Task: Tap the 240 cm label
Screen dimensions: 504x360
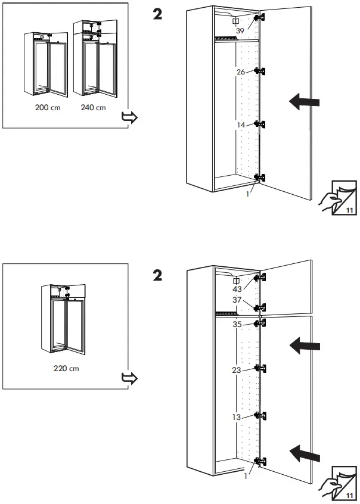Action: (x=93, y=108)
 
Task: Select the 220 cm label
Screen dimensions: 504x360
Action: (x=66, y=368)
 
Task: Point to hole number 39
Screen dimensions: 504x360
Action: (x=240, y=30)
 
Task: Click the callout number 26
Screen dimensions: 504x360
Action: (x=241, y=72)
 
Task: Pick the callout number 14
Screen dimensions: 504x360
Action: (x=241, y=125)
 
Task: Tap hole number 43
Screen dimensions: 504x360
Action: (x=237, y=289)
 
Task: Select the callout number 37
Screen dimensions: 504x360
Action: (x=237, y=300)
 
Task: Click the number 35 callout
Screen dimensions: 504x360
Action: (x=237, y=325)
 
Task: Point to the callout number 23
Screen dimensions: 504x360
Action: (x=237, y=370)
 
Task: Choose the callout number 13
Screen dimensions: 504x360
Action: (x=237, y=417)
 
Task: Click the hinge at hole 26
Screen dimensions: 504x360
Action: (x=259, y=71)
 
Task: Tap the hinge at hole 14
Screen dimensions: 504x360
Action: (x=259, y=124)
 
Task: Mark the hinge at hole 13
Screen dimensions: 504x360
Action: (x=259, y=415)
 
